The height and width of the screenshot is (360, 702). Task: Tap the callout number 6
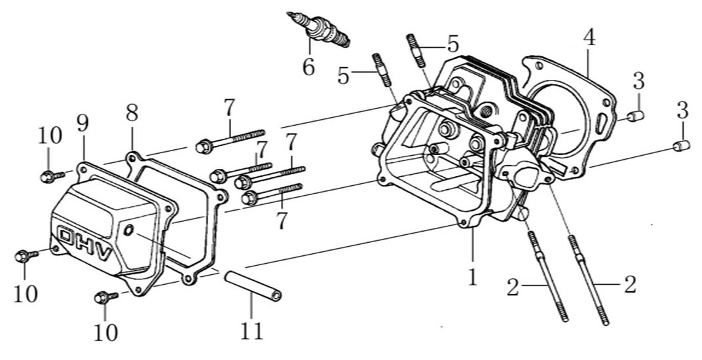pyautogui.click(x=308, y=67)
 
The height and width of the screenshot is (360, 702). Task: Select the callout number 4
pyautogui.click(x=589, y=37)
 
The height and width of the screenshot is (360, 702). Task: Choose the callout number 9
pyautogui.click(x=82, y=123)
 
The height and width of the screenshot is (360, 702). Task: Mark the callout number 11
pyautogui.click(x=251, y=331)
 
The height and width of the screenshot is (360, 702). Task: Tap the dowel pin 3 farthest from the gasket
pyautogui.click(x=682, y=145)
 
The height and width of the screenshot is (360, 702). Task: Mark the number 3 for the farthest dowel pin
pyautogui.click(x=682, y=110)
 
